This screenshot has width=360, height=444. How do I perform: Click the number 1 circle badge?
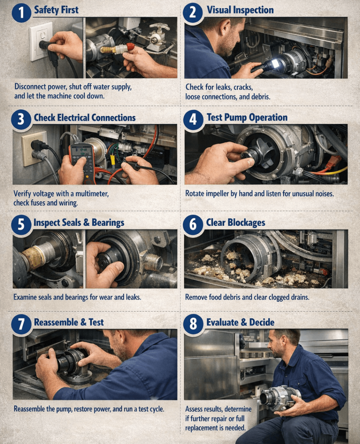coord(21,13)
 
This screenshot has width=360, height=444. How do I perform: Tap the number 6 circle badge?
coord(193,225)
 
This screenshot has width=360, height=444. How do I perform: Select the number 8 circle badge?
coord(193,324)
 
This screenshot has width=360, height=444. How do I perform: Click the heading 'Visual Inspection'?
coord(240,10)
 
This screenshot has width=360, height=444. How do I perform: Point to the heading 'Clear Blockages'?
coord(235,222)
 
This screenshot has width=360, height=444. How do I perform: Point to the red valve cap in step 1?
coord(130,47)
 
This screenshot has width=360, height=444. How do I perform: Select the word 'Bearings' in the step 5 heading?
coord(108,223)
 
